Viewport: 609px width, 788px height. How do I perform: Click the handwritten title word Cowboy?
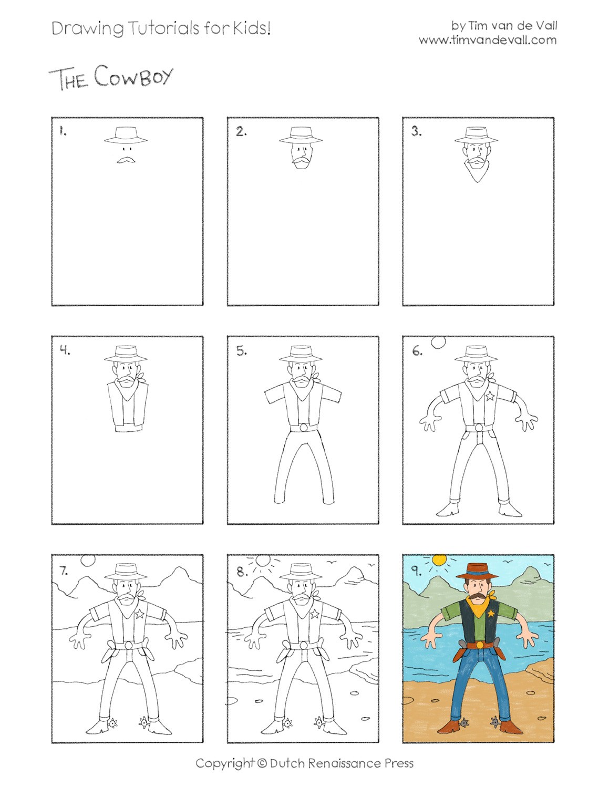click(x=133, y=77)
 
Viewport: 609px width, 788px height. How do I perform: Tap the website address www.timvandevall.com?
click(x=487, y=40)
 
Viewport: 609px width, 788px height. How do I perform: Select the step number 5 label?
click(x=241, y=352)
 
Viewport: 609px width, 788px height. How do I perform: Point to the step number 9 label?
click(x=416, y=571)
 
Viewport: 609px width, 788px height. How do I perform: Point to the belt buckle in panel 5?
click(x=301, y=442)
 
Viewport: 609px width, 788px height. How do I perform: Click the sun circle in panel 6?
click(x=438, y=342)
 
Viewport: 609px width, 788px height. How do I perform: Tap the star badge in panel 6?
click(x=490, y=395)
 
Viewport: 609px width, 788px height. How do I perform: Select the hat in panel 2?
click(x=300, y=135)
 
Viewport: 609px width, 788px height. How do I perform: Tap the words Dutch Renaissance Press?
click(x=342, y=763)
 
